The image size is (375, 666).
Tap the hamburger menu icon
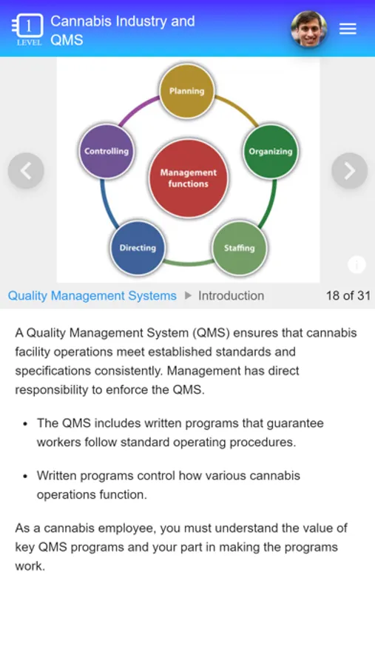pos(348,28)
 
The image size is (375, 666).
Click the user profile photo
pos(308,29)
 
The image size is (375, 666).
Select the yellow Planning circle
pos(187,91)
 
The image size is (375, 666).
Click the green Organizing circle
pos(271,151)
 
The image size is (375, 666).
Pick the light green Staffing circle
pos(240,248)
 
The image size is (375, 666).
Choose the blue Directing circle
pos(138,248)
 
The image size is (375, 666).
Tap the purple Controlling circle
pos(107,151)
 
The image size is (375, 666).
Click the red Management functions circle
pos(188,178)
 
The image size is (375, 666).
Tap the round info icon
pos(357,265)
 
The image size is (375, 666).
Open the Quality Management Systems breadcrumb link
pos(92,295)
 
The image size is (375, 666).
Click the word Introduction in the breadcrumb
pos(231,295)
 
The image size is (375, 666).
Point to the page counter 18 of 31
pos(348,295)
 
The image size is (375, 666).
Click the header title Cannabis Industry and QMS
pos(123,30)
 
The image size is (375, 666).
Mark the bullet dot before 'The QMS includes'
pos(25,424)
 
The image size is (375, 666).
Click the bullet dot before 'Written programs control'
pos(25,476)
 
